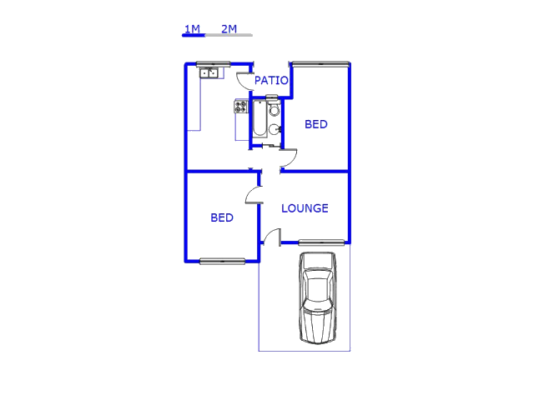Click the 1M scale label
pyautogui.click(x=192, y=29)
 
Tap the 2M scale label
pyautogui.click(x=229, y=29)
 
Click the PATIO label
pyautogui.click(x=271, y=81)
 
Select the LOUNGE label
pyautogui.click(x=305, y=208)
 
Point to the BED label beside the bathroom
pyautogui.click(x=316, y=124)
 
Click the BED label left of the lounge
pyautogui.click(x=222, y=217)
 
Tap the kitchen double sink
pyautogui.click(x=209, y=72)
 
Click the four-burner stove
pyautogui.click(x=241, y=107)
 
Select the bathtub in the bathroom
pyautogui.click(x=259, y=118)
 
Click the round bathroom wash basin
pyautogui.click(x=275, y=129)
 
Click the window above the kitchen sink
pyautogui.click(x=214, y=64)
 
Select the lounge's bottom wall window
pyautogui.click(x=321, y=242)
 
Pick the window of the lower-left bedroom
pyautogui.click(x=223, y=261)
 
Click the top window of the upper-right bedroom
pyautogui.click(x=320, y=63)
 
